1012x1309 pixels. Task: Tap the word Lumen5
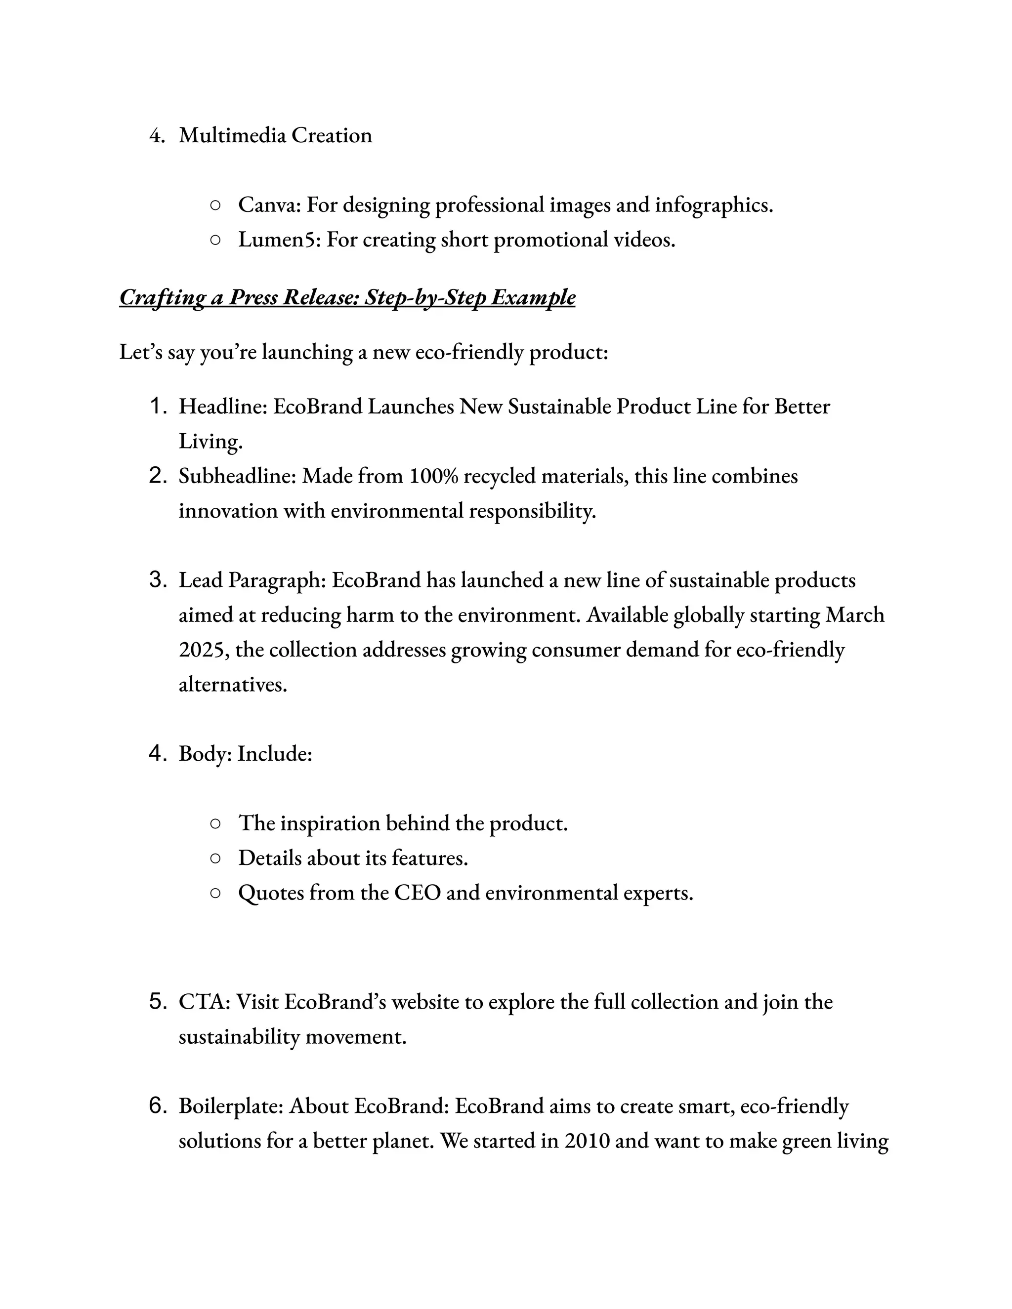tap(279, 240)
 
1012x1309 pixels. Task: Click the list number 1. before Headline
tap(158, 407)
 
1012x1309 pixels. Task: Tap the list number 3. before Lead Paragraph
tap(158, 580)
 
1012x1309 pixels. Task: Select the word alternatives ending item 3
tap(233, 685)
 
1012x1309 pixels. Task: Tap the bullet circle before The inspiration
tap(215, 823)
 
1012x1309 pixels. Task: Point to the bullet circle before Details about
tap(215, 859)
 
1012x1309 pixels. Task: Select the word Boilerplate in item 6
tap(230, 1106)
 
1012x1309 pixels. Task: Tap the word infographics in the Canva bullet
tap(714, 205)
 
